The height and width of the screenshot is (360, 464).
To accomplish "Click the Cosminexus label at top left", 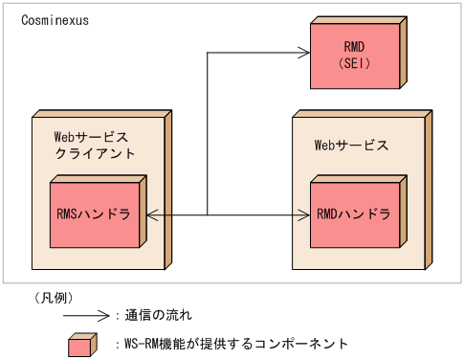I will (55, 20).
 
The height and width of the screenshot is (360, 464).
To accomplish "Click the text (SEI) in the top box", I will (354, 63).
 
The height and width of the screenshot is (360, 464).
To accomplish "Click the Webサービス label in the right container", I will (351, 146).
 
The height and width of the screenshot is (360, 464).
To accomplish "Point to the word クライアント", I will (95, 153).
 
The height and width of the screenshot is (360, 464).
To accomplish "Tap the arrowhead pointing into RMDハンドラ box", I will (305, 216).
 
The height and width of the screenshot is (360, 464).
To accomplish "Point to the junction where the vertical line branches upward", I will (208, 216).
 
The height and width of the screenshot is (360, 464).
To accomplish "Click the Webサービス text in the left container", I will (92, 137).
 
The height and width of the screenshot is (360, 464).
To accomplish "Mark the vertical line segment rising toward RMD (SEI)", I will (208, 134).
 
